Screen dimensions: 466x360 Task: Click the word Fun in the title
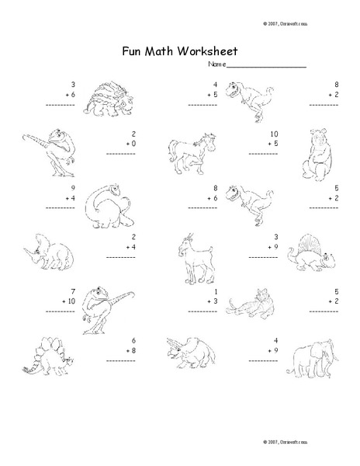[x=133, y=53]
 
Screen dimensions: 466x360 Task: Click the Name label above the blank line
[x=216, y=66]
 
